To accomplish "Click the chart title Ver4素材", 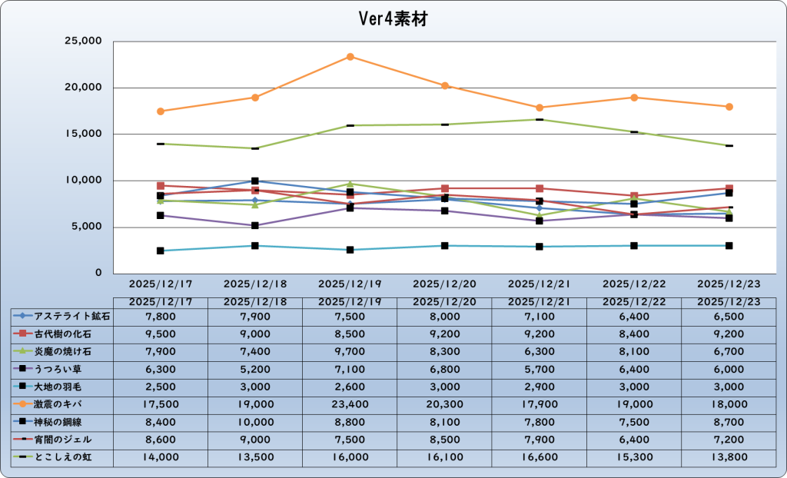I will click(x=393, y=19).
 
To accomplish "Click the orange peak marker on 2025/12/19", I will click(x=350, y=57).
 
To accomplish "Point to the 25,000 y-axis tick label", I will click(x=81, y=41).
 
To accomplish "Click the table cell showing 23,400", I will click(x=350, y=403).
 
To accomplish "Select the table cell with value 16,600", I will click(x=540, y=456).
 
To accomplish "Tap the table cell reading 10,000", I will click(x=255, y=421).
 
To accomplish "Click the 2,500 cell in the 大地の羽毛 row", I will click(x=161, y=386).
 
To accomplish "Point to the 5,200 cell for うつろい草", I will click(x=255, y=368).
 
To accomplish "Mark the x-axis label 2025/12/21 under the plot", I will click(x=540, y=284).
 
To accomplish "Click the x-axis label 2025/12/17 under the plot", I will click(x=161, y=284).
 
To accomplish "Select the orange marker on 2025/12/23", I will click(x=729, y=107).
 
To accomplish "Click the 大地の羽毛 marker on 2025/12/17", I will click(x=161, y=251).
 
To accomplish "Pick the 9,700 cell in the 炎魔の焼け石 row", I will click(x=350, y=350).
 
